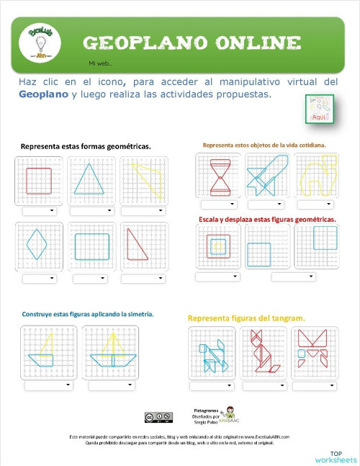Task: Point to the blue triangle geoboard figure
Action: [x=91, y=179]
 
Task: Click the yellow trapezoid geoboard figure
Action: [x=143, y=179]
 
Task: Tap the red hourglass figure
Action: [x=217, y=177]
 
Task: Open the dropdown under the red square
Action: [x=39, y=212]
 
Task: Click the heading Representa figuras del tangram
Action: [x=246, y=318]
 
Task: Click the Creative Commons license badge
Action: [x=158, y=417]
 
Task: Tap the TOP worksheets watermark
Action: [x=335, y=457]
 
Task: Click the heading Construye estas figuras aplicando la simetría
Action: [x=87, y=314]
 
